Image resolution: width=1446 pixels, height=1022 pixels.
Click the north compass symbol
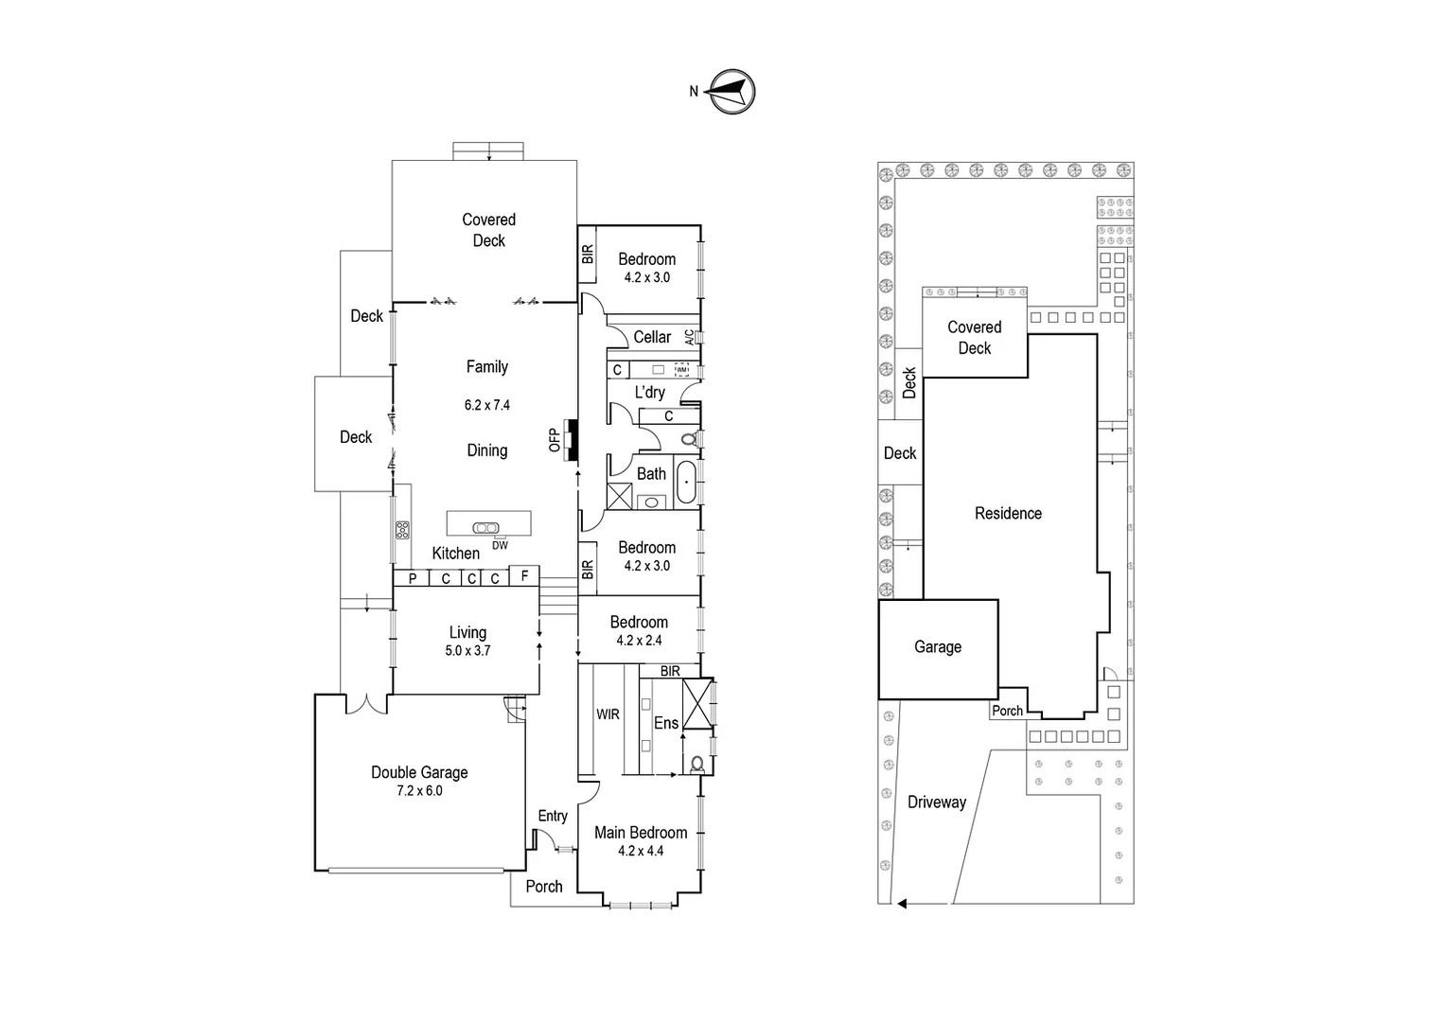point(732,92)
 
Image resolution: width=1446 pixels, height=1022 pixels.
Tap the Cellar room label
point(652,337)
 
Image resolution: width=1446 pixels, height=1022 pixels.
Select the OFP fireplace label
point(555,440)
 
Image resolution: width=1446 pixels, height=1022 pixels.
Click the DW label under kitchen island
point(500,545)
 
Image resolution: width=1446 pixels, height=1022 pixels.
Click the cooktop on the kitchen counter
point(402,530)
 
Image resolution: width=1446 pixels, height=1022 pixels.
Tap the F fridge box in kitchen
point(524,575)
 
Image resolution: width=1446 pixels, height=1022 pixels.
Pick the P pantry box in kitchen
point(412,578)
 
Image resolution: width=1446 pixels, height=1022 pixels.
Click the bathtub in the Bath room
point(686,482)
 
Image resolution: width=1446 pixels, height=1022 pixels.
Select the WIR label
point(608,714)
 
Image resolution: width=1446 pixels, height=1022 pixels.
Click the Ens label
point(666,723)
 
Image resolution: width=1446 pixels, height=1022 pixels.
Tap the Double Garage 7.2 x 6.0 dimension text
point(419,791)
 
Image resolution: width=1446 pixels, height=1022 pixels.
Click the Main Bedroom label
point(641,833)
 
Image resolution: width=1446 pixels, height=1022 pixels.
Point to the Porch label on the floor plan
point(544,887)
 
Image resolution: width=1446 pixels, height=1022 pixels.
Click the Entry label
point(553,816)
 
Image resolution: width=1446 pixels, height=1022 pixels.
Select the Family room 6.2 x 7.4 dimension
point(486,405)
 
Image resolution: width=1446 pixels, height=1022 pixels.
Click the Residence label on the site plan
point(1008,513)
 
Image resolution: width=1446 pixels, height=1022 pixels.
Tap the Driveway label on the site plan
point(937,802)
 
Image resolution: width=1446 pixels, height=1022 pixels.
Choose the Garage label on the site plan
point(938,647)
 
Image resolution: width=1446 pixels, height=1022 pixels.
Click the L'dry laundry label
point(649,392)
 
